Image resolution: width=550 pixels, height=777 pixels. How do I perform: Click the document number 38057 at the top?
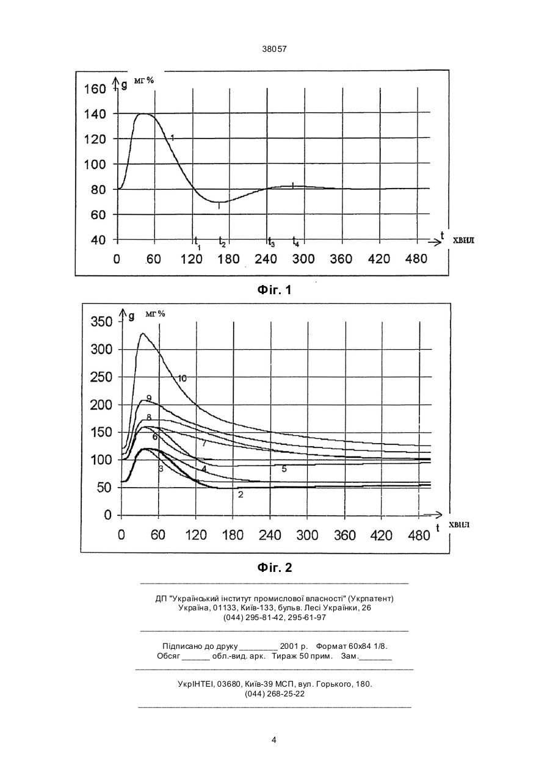tap(275, 49)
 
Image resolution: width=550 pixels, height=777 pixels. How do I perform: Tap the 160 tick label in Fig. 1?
tap(95, 89)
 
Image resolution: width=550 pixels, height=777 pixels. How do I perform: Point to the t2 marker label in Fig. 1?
tap(222, 242)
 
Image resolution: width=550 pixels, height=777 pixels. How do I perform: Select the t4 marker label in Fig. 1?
tap(295, 242)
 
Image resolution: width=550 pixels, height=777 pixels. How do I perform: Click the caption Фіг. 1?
tap(274, 290)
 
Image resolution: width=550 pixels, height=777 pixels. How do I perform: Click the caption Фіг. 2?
tap(275, 568)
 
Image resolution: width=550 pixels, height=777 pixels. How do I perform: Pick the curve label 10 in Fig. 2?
tap(182, 378)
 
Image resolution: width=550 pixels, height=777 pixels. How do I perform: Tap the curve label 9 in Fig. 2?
tap(149, 398)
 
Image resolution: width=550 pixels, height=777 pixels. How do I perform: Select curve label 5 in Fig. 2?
tap(284, 469)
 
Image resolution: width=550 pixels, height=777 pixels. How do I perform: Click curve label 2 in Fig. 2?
tap(241, 494)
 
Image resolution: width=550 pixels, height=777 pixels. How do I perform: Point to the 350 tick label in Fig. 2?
tap(102, 322)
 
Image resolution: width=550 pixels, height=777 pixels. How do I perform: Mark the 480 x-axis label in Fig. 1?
tap(416, 259)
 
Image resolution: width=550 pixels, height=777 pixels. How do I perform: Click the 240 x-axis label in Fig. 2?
tap(270, 535)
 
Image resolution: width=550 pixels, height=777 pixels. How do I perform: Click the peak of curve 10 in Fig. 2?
tap(142, 333)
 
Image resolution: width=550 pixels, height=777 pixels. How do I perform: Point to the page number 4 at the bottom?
tap(274, 740)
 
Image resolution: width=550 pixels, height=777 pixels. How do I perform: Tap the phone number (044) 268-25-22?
tap(275, 694)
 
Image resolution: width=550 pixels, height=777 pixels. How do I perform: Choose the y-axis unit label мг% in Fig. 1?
tap(143, 81)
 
